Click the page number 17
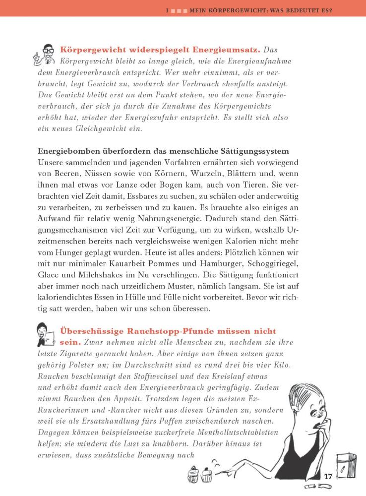click(328, 477)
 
